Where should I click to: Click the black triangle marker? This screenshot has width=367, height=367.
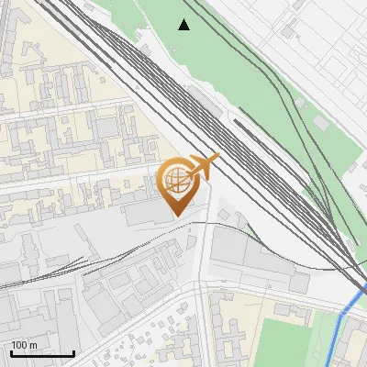[x=184, y=25]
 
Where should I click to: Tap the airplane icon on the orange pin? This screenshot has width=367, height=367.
[x=203, y=168]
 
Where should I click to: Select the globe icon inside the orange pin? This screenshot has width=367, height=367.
[x=176, y=182]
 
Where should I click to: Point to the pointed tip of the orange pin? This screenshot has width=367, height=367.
[x=176, y=217]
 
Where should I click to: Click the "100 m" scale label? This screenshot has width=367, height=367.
[x=24, y=345]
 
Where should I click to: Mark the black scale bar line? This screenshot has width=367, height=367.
[x=42, y=354]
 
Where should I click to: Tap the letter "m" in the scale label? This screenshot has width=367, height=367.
[x=34, y=345]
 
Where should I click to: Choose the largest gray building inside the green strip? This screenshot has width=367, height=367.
[x=322, y=122]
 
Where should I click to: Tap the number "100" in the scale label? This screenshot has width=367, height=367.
[x=19, y=345]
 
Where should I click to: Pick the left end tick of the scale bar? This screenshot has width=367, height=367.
[x=11, y=353]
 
